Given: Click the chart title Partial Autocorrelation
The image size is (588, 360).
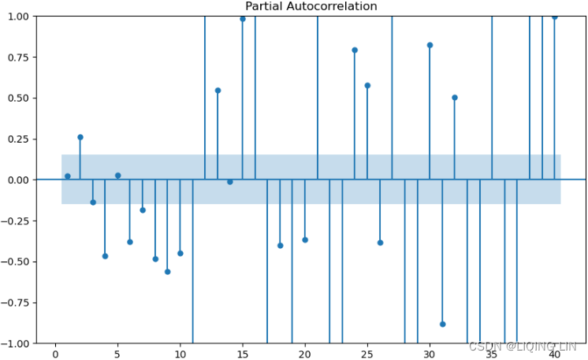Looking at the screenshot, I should (311, 6).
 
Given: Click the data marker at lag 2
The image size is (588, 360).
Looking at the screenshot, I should (80, 137).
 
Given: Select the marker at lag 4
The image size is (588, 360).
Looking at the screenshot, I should (105, 256).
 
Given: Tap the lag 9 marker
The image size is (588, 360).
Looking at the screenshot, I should (167, 272).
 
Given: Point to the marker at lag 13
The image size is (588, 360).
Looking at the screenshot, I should (218, 91).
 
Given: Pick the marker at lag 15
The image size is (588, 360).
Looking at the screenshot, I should (243, 19).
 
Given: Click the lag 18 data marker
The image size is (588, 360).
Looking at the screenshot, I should (280, 246).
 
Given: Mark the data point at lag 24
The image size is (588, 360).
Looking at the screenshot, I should (355, 50).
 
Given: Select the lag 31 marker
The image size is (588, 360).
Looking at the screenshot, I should (442, 324).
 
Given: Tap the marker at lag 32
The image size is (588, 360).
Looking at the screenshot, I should (455, 98).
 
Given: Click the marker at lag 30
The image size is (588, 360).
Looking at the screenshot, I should (430, 45).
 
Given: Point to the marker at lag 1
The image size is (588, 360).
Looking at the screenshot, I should (68, 176).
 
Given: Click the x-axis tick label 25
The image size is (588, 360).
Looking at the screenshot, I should (367, 352).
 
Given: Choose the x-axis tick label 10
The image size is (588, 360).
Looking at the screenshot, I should (180, 352).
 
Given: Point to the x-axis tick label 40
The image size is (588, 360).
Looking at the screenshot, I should (554, 352).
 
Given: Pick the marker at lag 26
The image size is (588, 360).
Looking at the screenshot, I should (380, 243).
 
